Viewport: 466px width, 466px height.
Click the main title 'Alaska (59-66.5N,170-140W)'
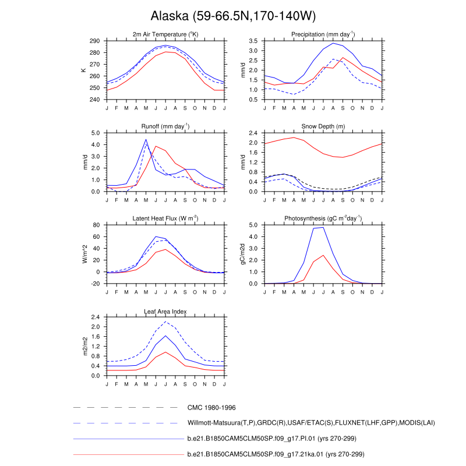click(233, 16)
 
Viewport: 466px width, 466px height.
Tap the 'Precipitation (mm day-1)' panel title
click(323, 34)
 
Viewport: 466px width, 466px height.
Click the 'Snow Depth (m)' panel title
click(323, 126)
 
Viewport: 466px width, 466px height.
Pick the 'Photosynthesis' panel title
click(323, 218)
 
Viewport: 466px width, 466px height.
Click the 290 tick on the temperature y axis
click(94, 41)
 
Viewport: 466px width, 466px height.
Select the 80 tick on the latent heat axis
click(96, 225)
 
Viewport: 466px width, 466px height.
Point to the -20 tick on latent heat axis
click(94, 284)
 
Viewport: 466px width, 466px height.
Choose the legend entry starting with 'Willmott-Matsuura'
click(311, 423)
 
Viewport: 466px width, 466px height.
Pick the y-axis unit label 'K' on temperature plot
click(84, 70)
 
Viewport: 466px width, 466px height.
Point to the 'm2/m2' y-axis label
click(84, 346)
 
